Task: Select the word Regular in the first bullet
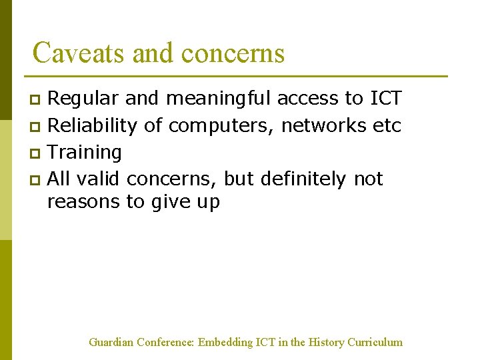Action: pos(84,99)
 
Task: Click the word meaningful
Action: pos(219,99)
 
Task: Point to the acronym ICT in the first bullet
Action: pos(385,99)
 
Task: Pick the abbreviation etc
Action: pos(387,125)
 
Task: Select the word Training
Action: pos(85,153)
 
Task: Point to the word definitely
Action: pos(303,179)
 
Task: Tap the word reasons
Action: pos(84,201)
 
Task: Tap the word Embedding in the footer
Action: pos(225,343)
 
